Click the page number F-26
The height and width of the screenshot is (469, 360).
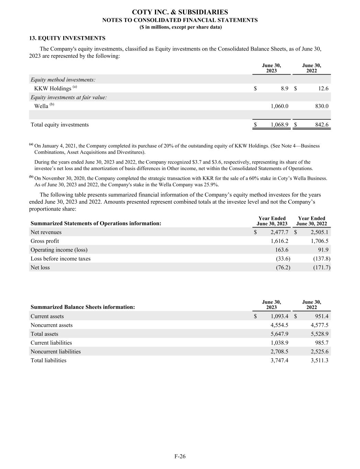pos(180,456)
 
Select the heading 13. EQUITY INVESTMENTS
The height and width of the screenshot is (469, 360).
pos(67,38)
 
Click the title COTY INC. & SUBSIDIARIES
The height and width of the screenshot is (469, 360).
pos(180,12)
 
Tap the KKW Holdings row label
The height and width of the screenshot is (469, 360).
pos(53,89)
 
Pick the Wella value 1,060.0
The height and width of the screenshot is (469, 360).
pos(279,106)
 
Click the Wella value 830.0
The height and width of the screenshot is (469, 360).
pos(322,106)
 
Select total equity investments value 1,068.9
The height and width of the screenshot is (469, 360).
pos(279,125)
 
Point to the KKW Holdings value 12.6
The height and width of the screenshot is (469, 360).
pos(323,89)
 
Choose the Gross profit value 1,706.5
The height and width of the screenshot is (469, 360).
pos(319,241)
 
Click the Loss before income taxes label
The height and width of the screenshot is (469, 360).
pos(60,259)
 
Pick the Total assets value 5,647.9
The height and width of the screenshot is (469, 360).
pos(279,334)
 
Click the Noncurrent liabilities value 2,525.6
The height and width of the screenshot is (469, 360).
pos(319,351)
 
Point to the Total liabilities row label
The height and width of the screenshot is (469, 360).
pos(48,360)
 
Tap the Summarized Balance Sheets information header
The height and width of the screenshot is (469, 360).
pos(82,307)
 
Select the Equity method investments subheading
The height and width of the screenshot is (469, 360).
pos(63,80)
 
